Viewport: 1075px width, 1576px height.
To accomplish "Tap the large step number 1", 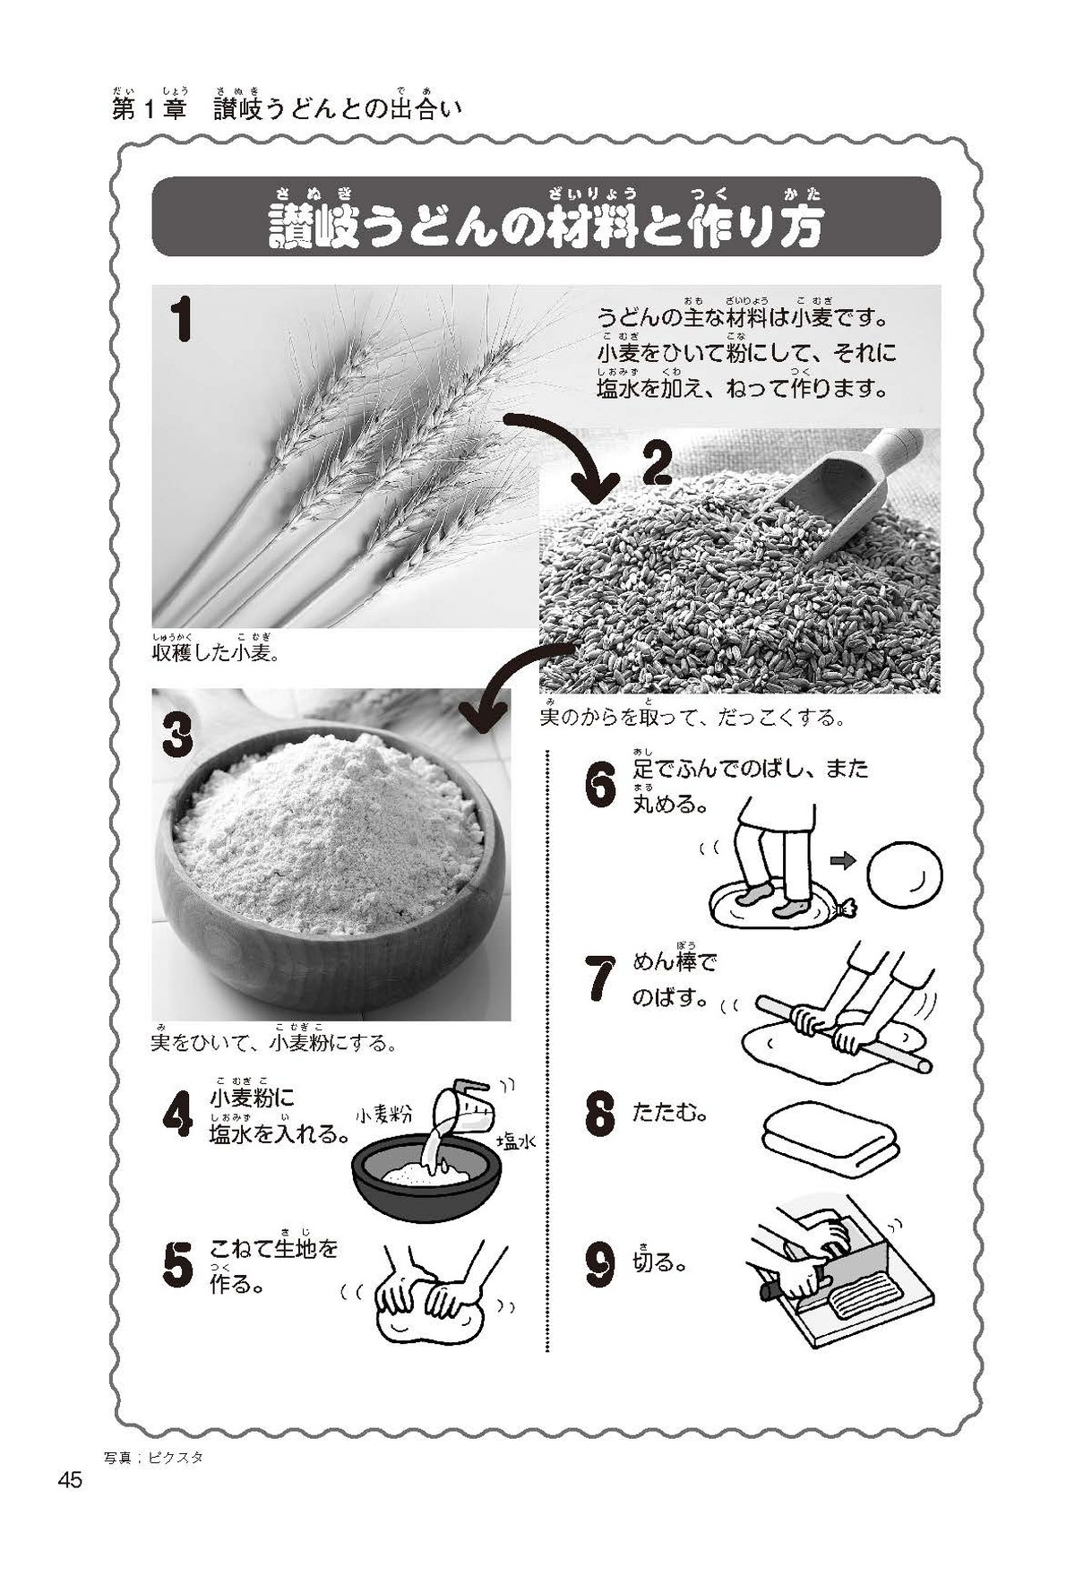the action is [x=182, y=320].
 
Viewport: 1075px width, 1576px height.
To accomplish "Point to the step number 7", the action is [x=600, y=978].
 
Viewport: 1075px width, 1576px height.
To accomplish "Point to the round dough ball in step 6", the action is [x=907, y=869].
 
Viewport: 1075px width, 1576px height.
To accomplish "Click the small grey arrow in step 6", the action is [x=843, y=861].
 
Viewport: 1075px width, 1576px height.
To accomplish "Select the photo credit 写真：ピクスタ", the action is [x=153, y=1458].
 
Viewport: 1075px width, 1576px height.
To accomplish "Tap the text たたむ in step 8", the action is [x=670, y=1114].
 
